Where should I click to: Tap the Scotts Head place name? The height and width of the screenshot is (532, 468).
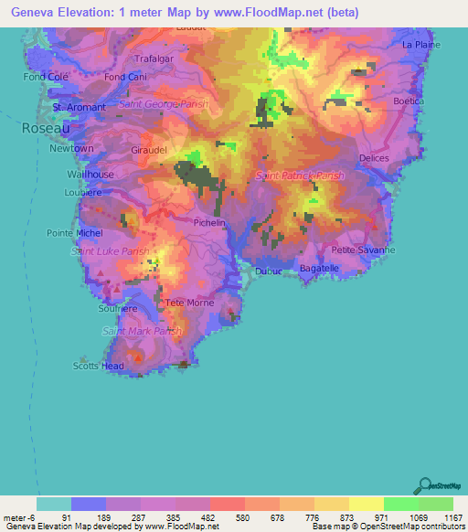[x=99, y=366]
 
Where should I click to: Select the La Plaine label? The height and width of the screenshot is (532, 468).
[x=421, y=44]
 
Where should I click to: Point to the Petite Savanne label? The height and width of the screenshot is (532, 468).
[x=363, y=250]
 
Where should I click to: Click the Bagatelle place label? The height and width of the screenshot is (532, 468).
[x=319, y=268]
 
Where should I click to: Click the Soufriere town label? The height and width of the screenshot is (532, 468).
[x=117, y=309]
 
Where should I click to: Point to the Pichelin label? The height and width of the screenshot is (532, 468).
[x=209, y=222]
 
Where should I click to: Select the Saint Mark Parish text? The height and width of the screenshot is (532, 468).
[x=142, y=331]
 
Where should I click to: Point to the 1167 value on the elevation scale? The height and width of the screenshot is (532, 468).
[x=454, y=517]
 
